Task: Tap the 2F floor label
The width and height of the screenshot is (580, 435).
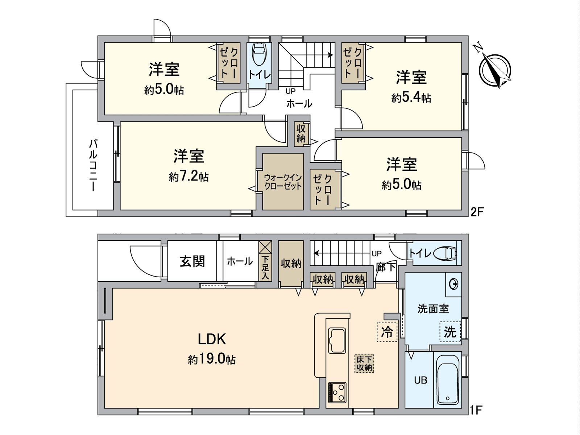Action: [x=477, y=212]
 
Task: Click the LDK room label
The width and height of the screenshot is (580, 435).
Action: [x=212, y=339]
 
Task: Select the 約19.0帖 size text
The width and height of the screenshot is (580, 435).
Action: [x=212, y=360]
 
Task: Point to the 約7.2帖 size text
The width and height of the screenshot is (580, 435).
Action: [x=188, y=177]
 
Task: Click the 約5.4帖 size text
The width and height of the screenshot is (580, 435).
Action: [x=411, y=98]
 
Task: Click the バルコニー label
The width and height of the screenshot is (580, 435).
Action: [x=93, y=165]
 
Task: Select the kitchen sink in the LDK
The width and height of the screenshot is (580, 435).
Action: [x=337, y=340]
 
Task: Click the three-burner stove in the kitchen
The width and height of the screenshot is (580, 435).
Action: [x=337, y=392]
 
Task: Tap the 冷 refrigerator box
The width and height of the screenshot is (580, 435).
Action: [x=387, y=331]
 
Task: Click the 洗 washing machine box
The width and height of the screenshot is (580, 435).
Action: [x=450, y=331]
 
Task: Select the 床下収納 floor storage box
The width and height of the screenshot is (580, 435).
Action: [x=364, y=363]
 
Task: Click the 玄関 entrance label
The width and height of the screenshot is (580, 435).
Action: [x=192, y=261]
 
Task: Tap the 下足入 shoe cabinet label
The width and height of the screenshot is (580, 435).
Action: [x=265, y=268]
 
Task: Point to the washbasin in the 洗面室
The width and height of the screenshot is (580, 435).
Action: [x=453, y=284]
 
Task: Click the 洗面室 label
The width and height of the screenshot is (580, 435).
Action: [x=433, y=309]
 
